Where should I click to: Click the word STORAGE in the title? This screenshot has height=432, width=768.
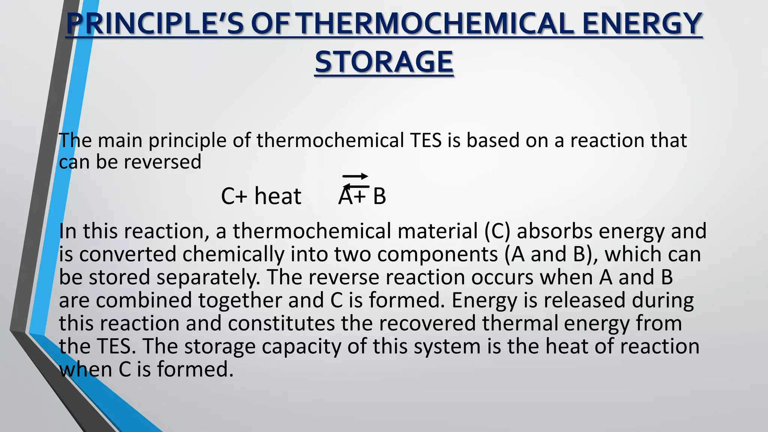click(x=384, y=62)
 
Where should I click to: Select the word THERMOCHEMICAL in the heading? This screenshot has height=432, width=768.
click(x=435, y=24)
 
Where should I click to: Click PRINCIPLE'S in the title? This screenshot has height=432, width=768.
click(x=155, y=24)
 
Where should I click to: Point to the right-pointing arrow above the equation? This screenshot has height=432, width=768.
click(x=355, y=176)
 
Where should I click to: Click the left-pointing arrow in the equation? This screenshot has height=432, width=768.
click(x=356, y=186)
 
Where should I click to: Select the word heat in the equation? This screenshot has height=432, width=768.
click(x=277, y=196)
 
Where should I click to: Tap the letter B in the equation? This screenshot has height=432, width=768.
click(x=379, y=196)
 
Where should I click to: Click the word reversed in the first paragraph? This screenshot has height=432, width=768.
click(x=162, y=162)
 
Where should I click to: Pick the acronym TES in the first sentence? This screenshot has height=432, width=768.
click(x=426, y=141)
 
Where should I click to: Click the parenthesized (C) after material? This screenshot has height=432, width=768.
click(x=497, y=231)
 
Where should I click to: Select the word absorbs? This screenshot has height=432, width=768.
click(x=555, y=231)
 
